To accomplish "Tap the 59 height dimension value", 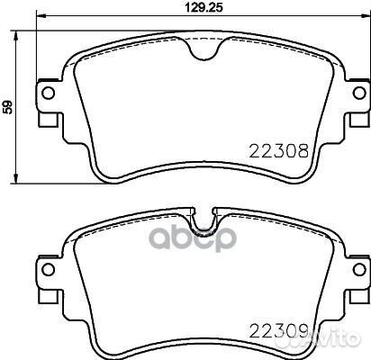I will tap(8, 106).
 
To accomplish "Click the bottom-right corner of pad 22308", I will tap(311, 175).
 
